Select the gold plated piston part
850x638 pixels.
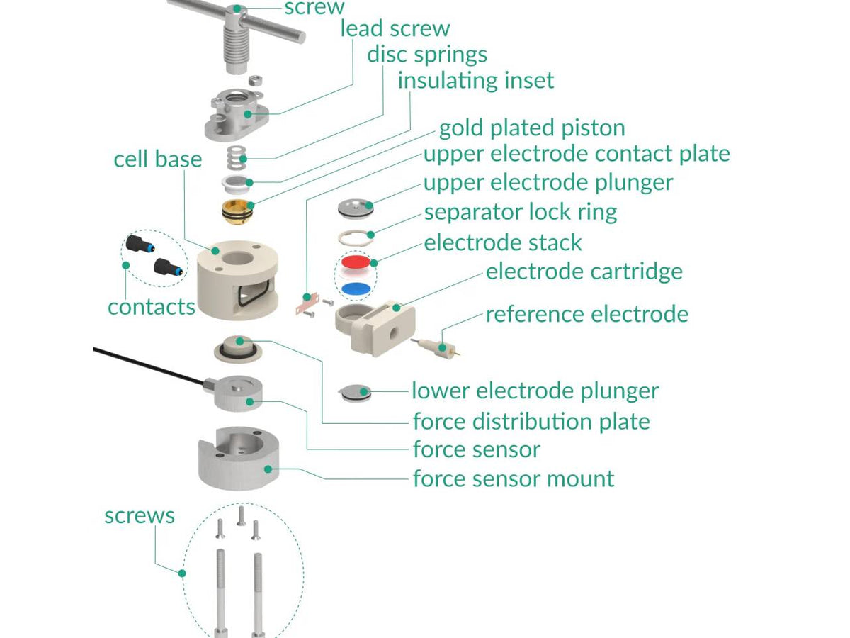pos(237,211)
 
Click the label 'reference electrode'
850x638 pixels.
pos(586,314)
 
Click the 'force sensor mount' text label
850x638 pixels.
pos(514,478)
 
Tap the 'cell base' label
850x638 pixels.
pos(157,159)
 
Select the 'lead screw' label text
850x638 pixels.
pos(395,28)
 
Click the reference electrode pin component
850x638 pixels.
pos(433,347)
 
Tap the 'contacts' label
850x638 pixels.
pos(151,307)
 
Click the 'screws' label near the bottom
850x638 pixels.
pos(139,515)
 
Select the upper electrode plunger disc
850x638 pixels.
pos(356,207)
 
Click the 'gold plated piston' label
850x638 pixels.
pos(532,128)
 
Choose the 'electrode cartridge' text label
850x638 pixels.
pos(584,272)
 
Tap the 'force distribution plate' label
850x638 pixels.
pos(531,422)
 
